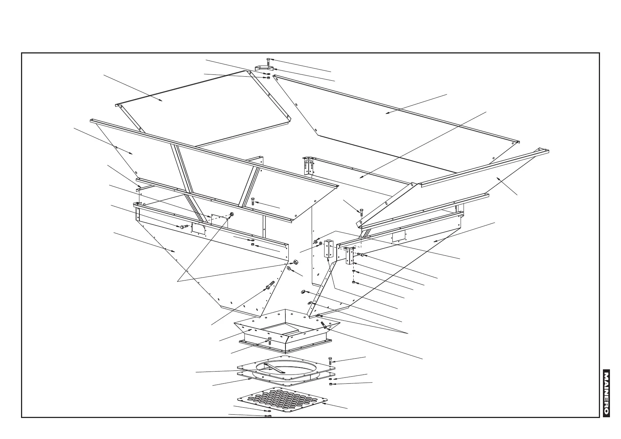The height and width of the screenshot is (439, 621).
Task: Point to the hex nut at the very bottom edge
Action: tap(269, 417)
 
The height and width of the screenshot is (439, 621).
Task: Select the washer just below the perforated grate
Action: tap(269, 411)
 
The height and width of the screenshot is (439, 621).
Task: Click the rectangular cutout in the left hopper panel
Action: tap(199, 227)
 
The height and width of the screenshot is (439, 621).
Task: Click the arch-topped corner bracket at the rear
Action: tap(308, 166)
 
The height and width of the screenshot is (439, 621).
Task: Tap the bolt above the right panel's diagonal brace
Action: tap(361, 212)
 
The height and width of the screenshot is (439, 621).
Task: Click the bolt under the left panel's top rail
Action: tap(253, 201)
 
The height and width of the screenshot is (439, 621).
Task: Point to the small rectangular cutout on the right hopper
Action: tap(399, 236)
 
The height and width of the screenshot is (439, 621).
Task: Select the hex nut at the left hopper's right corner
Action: tap(295, 262)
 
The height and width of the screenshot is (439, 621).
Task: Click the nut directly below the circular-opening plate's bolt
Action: tap(330, 384)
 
